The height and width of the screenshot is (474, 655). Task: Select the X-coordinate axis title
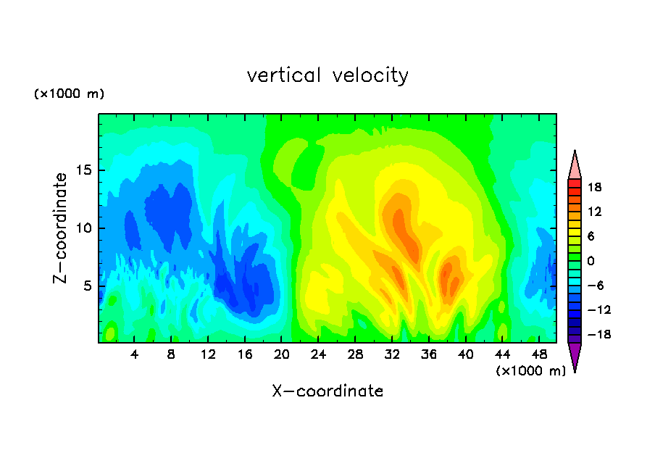[x=327, y=391]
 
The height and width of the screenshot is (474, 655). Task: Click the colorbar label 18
[x=595, y=187]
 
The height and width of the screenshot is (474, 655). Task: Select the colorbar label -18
[x=592, y=335]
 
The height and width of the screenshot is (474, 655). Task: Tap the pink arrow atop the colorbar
[x=575, y=165]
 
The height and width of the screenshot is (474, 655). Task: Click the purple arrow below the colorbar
[x=575, y=357]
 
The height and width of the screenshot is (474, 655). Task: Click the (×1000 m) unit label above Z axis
[x=70, y=94]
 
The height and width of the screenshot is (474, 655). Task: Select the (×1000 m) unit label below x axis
[x=530, y=370]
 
